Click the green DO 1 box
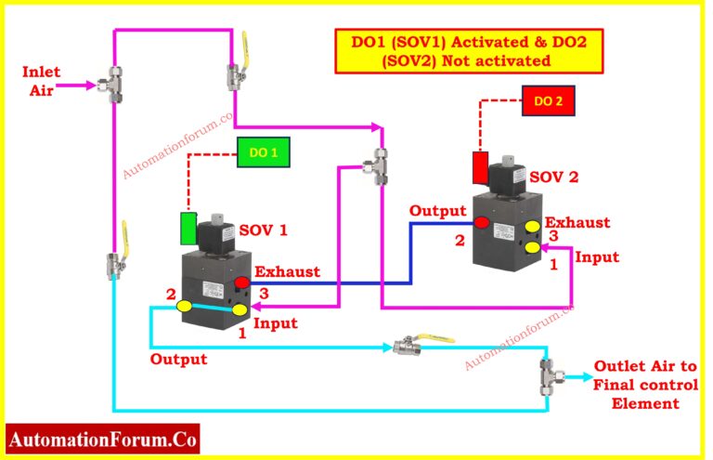263,154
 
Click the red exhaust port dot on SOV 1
241,283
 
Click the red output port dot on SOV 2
483,223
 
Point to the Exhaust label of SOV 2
577,223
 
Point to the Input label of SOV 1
276,323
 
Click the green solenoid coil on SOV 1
188,229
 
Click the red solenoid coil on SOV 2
480,169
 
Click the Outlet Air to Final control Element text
640,384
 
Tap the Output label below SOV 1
178,358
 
